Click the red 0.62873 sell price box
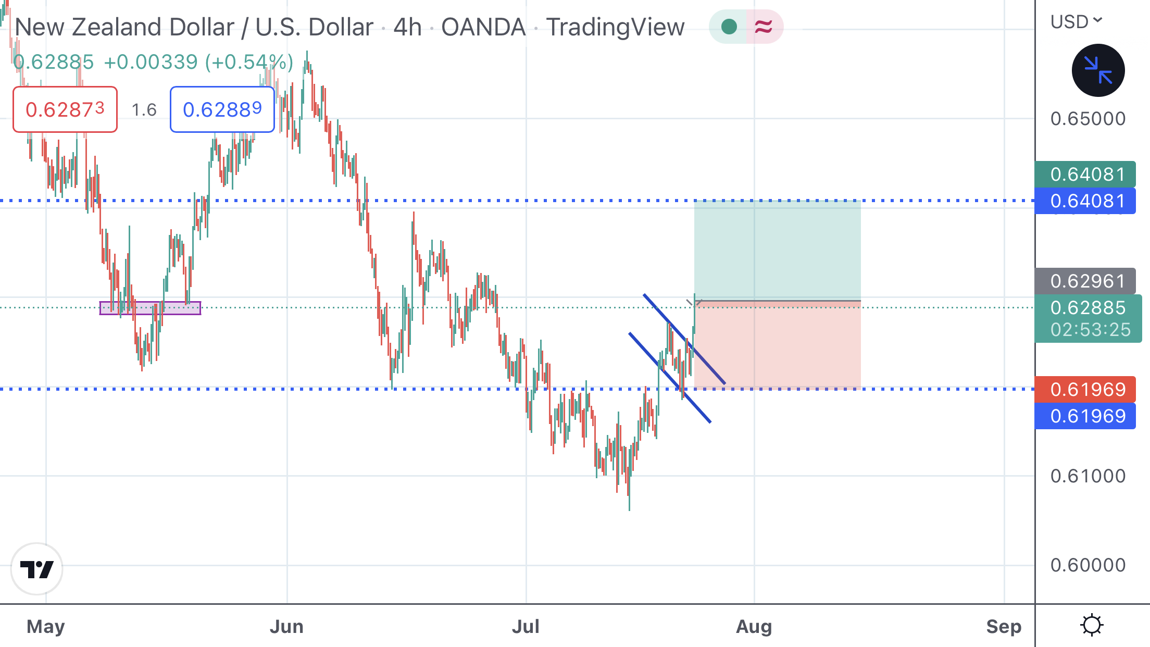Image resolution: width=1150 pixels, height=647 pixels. (65, 109)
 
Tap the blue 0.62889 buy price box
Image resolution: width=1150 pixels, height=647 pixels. (222, 109)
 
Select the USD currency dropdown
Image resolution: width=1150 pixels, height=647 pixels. (1076, 22)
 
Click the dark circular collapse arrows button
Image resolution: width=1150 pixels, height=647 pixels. (1098, 70)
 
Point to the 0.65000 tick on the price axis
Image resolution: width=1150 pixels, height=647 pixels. (1087, 119)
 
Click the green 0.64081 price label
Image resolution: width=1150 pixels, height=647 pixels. (1085, 174)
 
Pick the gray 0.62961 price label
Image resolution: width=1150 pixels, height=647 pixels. (1085, 281)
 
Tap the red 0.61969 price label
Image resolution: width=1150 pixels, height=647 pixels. (1085, 389)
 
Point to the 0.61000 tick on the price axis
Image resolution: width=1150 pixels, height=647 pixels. (1087, 476)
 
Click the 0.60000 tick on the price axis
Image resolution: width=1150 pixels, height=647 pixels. (1087, 565)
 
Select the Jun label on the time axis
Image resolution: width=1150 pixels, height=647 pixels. (286, 626)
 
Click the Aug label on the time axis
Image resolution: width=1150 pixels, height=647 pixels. (754, 626)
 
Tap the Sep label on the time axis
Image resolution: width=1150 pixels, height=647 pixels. (1004, 626)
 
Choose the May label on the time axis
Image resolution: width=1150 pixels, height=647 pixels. (46, 626)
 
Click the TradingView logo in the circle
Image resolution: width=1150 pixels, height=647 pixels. (36, 569)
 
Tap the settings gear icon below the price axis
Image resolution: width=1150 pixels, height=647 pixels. (1092, 625)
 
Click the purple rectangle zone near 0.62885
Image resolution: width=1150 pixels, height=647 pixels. (150, 308)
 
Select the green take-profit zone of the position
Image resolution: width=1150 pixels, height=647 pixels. (777, 250)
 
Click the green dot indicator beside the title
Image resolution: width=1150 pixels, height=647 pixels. (729, 27)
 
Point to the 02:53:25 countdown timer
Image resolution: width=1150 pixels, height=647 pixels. (1090, 330)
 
